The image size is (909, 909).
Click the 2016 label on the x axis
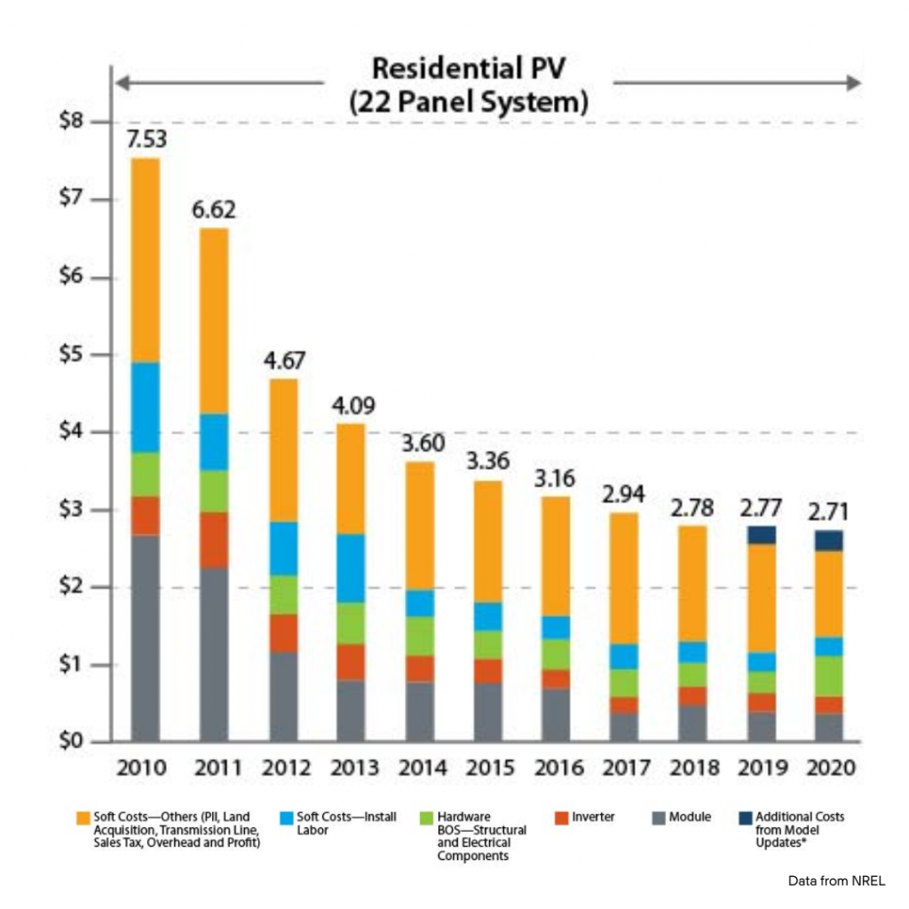click(x=557, y=768)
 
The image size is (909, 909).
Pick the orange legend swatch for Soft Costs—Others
click(x=83, y=817)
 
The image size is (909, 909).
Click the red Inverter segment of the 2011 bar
click(x=215, y=540)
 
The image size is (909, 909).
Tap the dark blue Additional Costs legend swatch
click(x=743, y=817)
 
